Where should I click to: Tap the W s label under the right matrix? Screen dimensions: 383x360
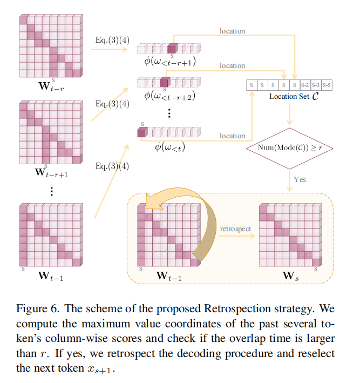point(290,276)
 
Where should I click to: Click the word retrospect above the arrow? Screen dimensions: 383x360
point(235,229)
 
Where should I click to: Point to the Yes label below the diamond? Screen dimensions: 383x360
point(300,179)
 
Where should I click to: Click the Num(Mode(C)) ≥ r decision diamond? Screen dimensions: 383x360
point(290,147)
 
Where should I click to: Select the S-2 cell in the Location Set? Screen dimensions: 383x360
point(305,85)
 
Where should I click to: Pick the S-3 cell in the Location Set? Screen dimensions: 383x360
point(316,85)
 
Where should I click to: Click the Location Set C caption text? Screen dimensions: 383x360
point(289,96)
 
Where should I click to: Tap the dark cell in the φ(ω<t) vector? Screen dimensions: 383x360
point(142,132)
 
